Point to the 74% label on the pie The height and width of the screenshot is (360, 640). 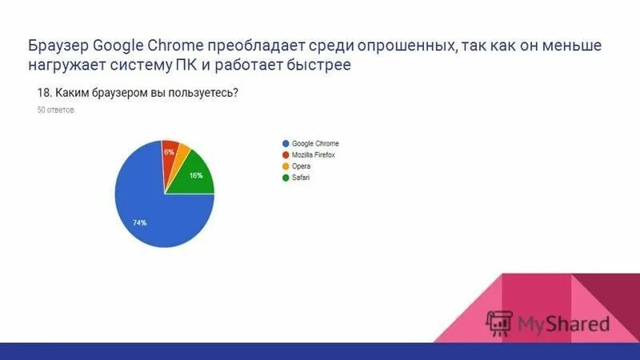point(139,222)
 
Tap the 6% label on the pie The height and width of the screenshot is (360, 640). point(169,151)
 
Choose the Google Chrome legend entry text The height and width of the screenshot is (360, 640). point(315,144)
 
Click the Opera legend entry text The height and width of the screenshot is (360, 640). point(301,166)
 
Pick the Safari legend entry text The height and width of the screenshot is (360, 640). point(301,178)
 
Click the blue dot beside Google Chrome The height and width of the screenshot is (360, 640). point(285,144)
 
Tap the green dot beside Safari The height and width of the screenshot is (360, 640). point(285,178)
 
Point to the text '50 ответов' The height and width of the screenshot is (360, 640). point(56,111)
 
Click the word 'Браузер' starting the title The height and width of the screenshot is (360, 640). point(58,46)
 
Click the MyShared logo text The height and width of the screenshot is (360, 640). point(563,324)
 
